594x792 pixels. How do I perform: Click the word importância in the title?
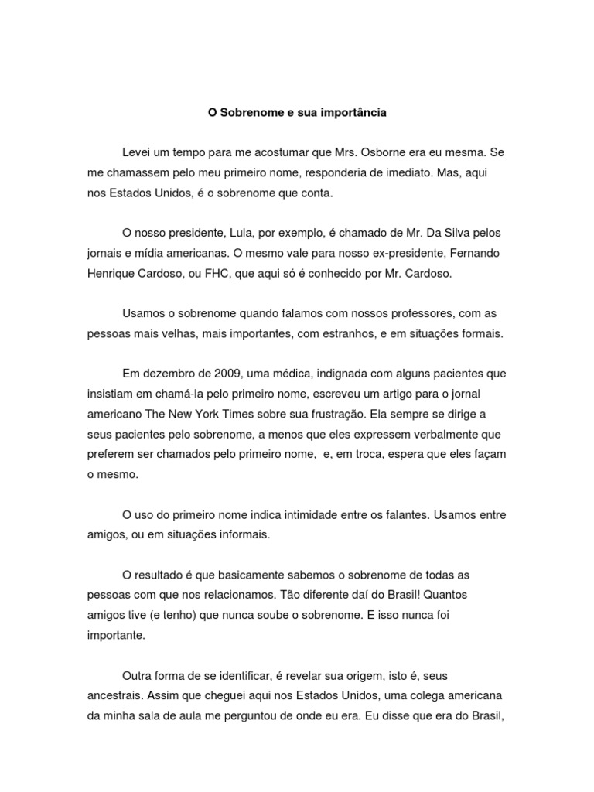point(353,113)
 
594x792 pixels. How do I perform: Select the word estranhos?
point(380,333)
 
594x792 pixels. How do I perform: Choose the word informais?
point(244,534)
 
